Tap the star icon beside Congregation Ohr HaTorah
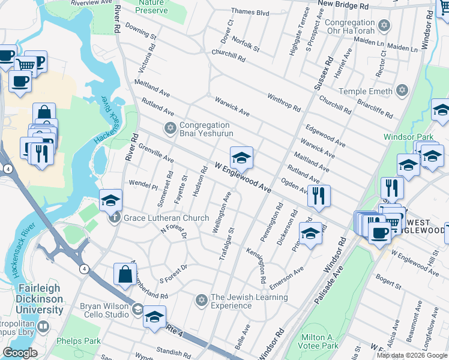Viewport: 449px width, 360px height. (x=385, y=26)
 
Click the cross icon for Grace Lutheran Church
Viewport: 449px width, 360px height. (x=115, y=218)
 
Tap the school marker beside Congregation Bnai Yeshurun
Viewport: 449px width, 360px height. (x=241, y=158)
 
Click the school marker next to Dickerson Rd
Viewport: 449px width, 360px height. (x=311, y=233)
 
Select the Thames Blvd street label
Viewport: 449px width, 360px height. (x=250, y=12)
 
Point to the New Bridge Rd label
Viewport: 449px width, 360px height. (x=343, y=5)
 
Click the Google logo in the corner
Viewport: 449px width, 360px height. (x=20, y=352)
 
